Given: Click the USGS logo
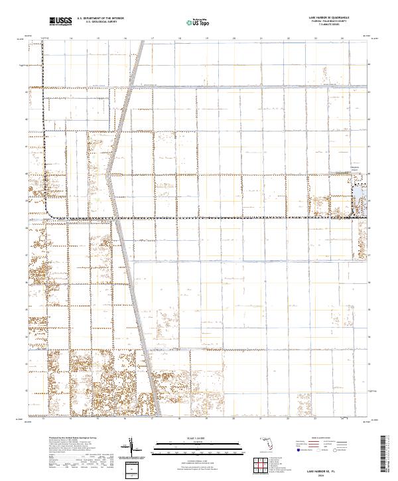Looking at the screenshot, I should pyautogui.click(x=61, y=21).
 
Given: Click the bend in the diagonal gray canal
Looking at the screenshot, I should pyautogui.click(x=110, y=159).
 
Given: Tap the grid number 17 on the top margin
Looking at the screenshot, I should pyautogui.click(x=152, y=39).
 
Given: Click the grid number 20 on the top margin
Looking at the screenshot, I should pyautogui.click(x=233, y=39).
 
